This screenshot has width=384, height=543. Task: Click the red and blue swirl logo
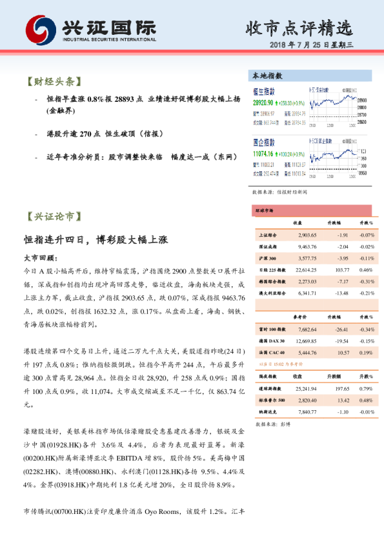pyautogui.click(x=41, y=29)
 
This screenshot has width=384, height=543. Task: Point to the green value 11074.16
pyautogui.click(x=265, y=155)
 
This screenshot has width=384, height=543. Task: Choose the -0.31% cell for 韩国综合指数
pyautogui.click(x=367, y=281)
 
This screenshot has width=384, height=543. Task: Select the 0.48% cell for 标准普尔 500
pyautogui.click(x=367, y=400)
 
